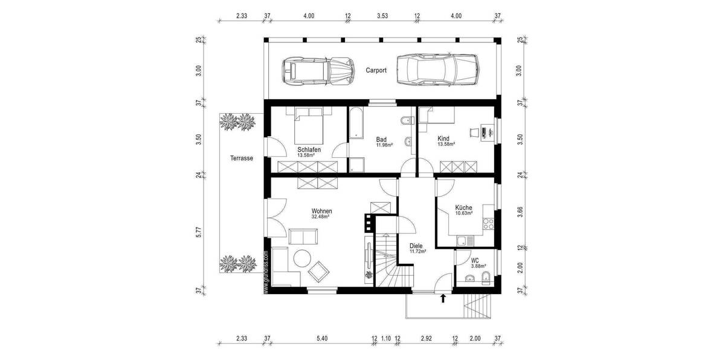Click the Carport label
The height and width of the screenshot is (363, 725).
click(x=376, y=70)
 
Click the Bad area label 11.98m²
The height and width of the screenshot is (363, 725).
click(x=384, y=145)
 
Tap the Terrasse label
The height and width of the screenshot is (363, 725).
click(x=241, y=159)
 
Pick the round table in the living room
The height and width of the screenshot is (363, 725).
click(x=302, y=259)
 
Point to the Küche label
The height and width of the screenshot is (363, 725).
click(x=464, y=208)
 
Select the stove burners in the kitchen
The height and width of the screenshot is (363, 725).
click(x=488, y=225)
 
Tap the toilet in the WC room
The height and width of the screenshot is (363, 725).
click(x=486, y=278)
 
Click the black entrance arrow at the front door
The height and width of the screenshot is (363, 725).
click(x=443, y=298)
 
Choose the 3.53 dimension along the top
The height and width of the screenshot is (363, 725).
click(x=382, y=16)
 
